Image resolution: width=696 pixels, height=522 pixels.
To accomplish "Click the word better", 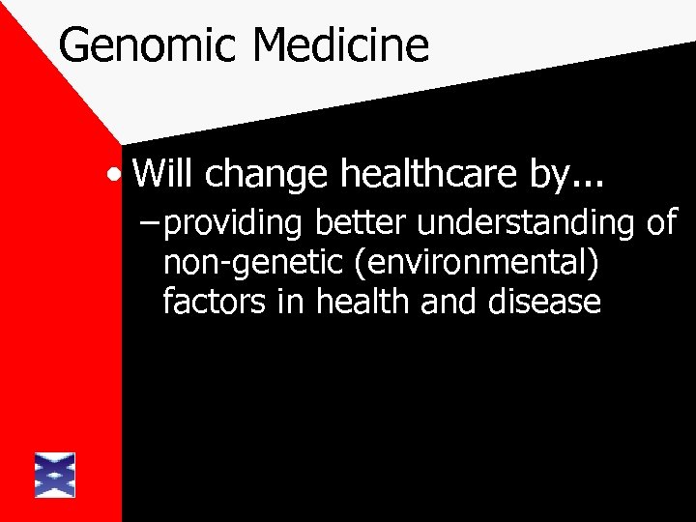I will click(362, 222).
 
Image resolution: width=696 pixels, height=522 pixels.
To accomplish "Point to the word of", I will click(662, 222).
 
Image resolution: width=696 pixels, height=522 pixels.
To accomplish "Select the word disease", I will click(546, 302).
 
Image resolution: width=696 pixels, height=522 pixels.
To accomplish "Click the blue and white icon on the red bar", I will click(55, 475).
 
